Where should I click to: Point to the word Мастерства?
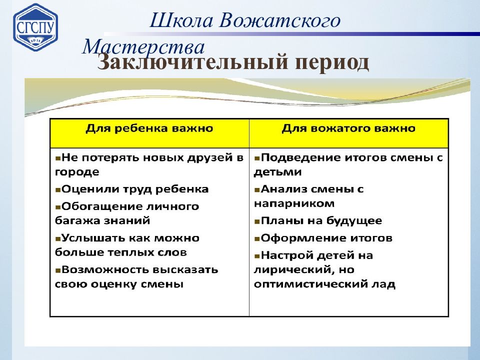tap(143, 47)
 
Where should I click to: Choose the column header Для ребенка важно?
tap(149, 128)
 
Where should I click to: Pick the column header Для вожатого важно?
tap(348, 128)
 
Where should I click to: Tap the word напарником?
tap(294, 203)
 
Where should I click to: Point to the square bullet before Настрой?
tap(256, 256)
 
